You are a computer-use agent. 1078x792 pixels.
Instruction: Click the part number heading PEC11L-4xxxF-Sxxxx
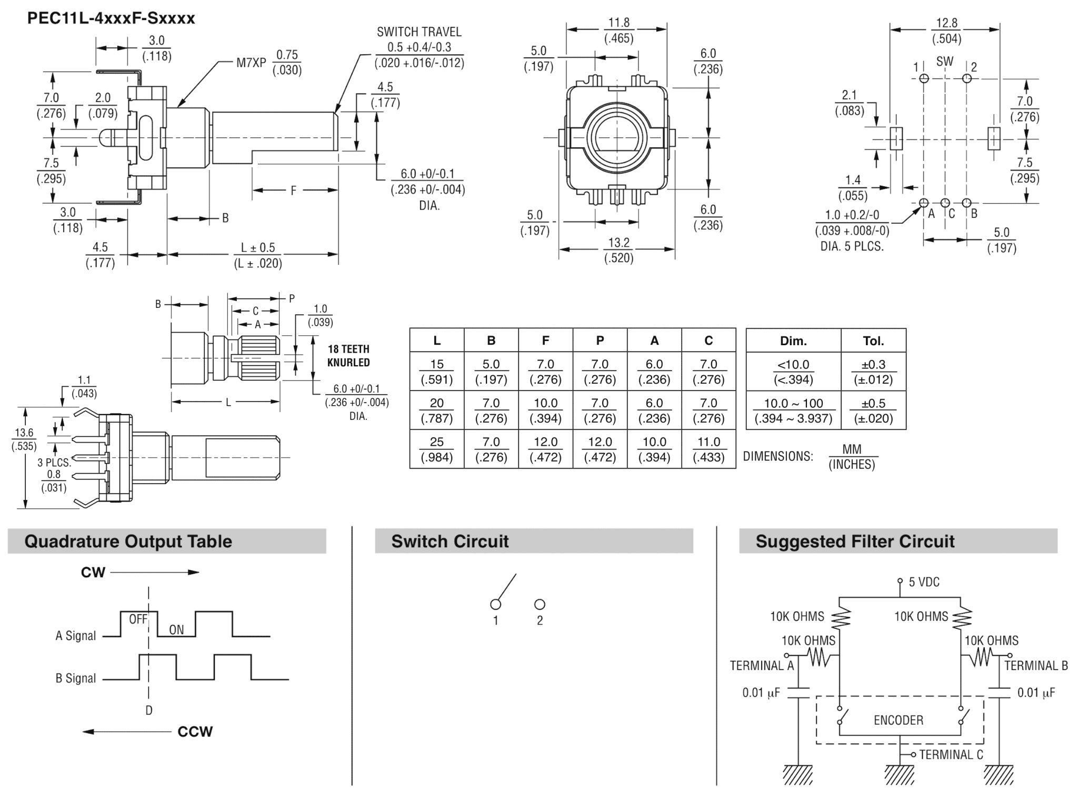pyautogui.click(x=111, y=18)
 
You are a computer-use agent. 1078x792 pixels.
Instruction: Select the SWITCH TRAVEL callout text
pyautogui.click(x=419, y=32)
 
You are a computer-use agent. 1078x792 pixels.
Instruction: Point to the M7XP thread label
pyautogui.click(x=251, y=63)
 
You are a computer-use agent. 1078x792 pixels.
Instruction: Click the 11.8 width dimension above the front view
pyautogui.click(x=618, y=23)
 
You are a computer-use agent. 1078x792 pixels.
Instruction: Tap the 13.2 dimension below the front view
pyautogui.click(x=618, y=243)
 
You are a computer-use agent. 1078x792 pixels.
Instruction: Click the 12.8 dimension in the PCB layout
pyautogui.click(x=946, y=23)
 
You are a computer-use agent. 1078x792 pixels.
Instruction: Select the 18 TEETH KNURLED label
pyautogui.click(x=348, y=356)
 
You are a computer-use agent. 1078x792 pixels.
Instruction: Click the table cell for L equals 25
pyautogui.click(x=436, y=449)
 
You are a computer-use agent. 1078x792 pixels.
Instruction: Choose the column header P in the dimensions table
pyautogui.click(x=600, y=340)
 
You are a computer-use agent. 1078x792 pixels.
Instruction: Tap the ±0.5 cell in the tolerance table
pyautogui.click(x=873, y=410)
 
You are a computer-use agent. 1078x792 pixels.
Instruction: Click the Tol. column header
pyautogui.click(x=873, y=341)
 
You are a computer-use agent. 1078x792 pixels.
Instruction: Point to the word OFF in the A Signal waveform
pyautogui.click(x=138, y=619)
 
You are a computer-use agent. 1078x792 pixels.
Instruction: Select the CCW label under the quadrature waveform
pyautogui.click(x=195, y=731)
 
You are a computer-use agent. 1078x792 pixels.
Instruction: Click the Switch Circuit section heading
pyautogui.click(x=450, y=542)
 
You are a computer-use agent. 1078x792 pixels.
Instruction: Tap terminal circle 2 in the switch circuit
pyautogui.click(x=540, y=604)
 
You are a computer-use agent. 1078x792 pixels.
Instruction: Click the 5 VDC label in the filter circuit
pyautogui.click(x=924, y=582)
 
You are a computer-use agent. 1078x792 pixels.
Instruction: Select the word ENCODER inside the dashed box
pyautogui.click(x=898, y=720)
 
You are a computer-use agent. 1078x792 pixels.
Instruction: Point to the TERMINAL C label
pyautogui.click(x=951, y=755)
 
